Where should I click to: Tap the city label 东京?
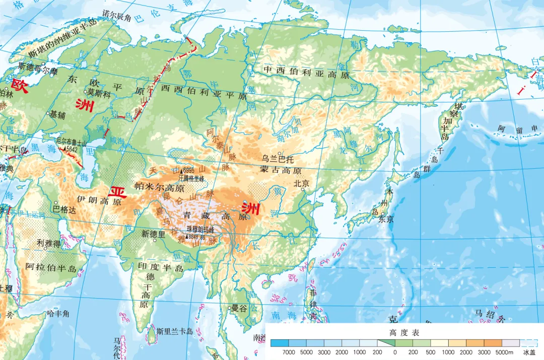tap(386, 219)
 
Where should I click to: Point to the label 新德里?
tap(153, 234)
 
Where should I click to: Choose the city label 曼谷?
tap(239, 309)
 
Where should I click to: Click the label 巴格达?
tap(64, 209)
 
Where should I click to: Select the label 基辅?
tap(57, 114)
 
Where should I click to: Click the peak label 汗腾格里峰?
tap(191, 178)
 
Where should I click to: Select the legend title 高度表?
tap(404, 333)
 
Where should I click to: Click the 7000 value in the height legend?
tap(289, 352)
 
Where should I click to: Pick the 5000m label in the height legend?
tap(505, 352)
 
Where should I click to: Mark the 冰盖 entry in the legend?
tap(529, 352)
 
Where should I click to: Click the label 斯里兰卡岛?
tap(174, 331)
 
